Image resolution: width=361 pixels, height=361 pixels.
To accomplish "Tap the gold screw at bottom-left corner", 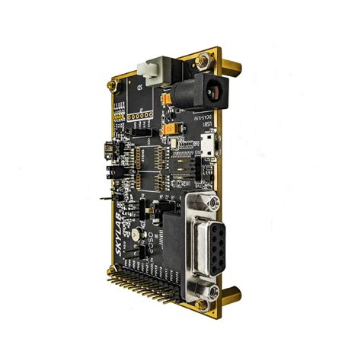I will (x=113, y=270).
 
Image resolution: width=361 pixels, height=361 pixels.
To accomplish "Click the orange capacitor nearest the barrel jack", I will (x=167, y=100).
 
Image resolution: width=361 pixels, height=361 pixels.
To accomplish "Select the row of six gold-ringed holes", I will (x=139, y=117).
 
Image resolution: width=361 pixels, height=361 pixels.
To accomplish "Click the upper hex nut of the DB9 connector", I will (x=214, y=203).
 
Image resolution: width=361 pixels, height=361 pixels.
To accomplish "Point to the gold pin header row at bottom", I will (x=145, y=290).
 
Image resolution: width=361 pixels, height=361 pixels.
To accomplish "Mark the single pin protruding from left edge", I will (x=106, y=196).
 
